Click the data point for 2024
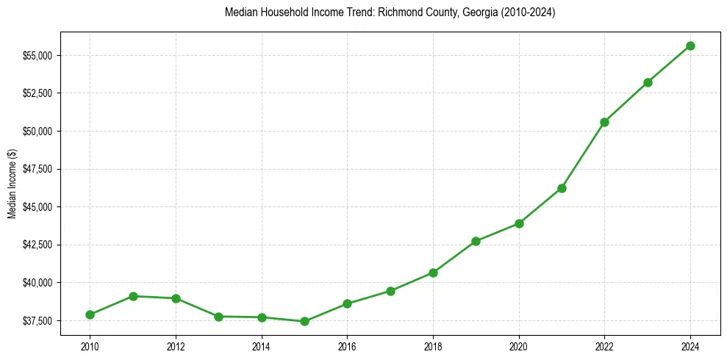[690, 46]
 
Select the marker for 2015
[304, 321]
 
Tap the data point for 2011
[133, 296]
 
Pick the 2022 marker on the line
[604, 122]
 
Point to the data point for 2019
[476, 241]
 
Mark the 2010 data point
[90, 314]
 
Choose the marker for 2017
[390, 291]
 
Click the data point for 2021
[562, 188]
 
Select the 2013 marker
[218, 317]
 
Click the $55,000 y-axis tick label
[40, 56]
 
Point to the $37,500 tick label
[40, 321]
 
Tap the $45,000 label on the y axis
[40, 207]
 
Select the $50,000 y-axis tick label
[40, 132]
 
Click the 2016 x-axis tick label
[347, 346]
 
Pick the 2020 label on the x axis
[519, 346]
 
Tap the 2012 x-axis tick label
[176, 346]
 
